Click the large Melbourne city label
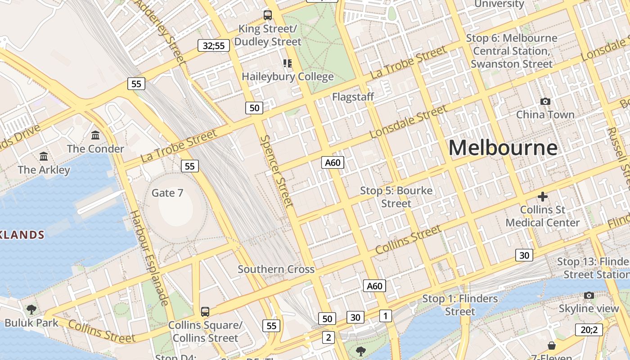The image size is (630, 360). coord(503,148)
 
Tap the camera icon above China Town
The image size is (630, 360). coord(545,101)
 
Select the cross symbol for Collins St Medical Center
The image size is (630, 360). coord(543,197)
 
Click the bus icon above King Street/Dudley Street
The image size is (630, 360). coord(268,15)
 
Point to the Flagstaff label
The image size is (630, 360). coord(353,97)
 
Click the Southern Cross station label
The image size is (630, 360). coord(276,269)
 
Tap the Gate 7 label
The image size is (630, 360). coord(167,193)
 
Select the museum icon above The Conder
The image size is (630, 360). coord(95,135)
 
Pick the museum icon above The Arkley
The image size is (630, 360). coord(44,156)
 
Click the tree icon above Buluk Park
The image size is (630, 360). coord(31,309)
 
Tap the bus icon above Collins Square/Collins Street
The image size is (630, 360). coord(205,311)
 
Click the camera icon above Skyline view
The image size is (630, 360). coord(589,295)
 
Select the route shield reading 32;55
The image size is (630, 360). coord(214,45)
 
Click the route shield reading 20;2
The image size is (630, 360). coord(589,330)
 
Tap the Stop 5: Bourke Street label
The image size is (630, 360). coord(396,197)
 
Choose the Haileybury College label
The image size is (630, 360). coord(288,76)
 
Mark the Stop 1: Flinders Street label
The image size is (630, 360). coord(460,305)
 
